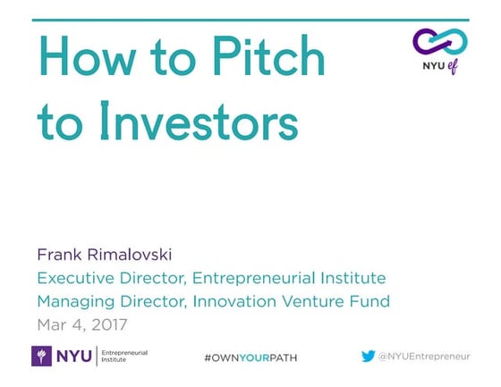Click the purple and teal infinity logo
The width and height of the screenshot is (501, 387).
pyautogui.click(x=440, y=41)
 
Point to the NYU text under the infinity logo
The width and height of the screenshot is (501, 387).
pyautogui.click(x=431, y=68)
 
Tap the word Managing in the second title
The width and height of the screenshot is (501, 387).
pyautogui.click(x=71, y=300)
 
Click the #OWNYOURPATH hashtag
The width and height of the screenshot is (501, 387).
pyautogui.click(x=250, y=358)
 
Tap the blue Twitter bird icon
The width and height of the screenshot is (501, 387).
pyautogui.click(x=368, y=356)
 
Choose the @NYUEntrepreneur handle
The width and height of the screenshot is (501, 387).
pyautogui.click(x=424, y=356)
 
